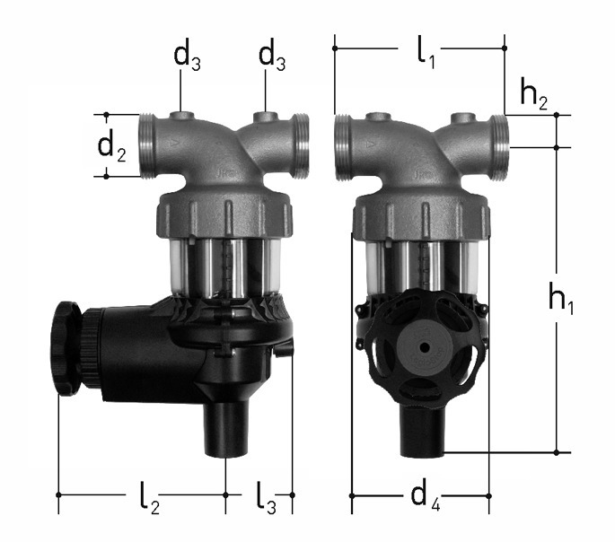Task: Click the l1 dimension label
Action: pos(426,54)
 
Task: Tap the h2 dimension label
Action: pos(533,94)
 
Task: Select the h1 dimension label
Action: pos(560,297)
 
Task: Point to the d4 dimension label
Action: pos(426,497)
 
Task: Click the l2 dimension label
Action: pos(150,498)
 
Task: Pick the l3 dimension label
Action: pos(267,498)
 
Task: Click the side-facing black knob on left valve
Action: pos(65,350)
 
